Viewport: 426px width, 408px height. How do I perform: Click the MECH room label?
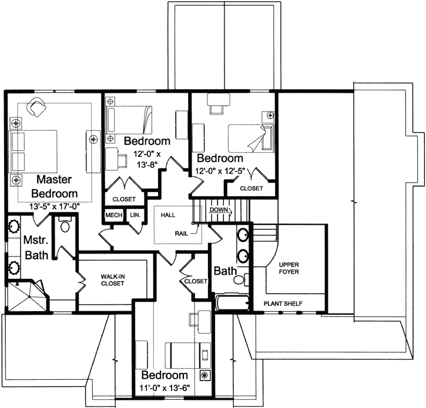tap(114, 215)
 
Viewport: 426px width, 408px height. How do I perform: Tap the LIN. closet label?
tap(135, 215)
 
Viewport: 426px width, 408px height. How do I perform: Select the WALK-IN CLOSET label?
tap(112, 280)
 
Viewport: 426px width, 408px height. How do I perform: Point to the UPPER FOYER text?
tap(289, 268)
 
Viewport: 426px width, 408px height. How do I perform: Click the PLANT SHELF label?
tap(283, 304)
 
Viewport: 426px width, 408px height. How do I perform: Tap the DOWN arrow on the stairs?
tap(220, 210)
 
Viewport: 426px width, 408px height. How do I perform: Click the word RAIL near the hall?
tap(181, 234)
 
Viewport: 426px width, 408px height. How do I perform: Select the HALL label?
tap(168, 215)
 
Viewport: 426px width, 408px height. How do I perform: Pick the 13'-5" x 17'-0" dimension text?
tap(54, 207)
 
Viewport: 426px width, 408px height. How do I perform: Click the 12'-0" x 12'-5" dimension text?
tap(220, 171)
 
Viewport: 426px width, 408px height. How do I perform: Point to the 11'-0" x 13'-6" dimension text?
tap(165, 387)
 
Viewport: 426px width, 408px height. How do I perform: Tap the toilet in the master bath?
tap(65, 224)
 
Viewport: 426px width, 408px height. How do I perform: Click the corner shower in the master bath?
tap(27, 296)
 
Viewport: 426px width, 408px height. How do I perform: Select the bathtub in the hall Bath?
tap(232, 302)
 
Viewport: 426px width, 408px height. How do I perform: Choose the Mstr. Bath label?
tap(36, 248)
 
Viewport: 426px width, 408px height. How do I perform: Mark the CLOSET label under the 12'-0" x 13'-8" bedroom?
tap(124, 199)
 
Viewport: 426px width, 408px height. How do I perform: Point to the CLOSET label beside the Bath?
tap(196, 281)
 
